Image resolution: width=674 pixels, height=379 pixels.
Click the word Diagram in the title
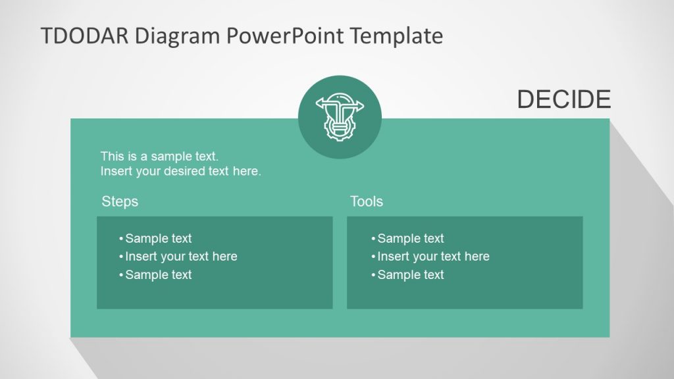pos(178,36)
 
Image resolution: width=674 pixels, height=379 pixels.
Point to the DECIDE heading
pos(563,99)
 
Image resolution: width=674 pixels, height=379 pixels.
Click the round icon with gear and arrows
pos(340,117)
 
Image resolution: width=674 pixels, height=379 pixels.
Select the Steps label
pos(120,201)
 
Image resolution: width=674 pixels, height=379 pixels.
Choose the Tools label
pos(367,201)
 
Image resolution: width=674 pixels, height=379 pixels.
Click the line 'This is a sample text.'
pos(159,156)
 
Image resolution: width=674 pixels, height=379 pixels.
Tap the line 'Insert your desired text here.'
pos(180,172)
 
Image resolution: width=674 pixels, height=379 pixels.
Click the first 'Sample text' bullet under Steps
pos(158,238)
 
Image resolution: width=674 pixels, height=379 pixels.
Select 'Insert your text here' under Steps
pos(181,257)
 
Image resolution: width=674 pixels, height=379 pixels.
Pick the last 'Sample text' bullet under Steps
pos(158,275)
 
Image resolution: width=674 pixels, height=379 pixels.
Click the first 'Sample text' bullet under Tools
pos(411,238)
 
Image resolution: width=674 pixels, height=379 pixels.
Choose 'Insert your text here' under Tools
pos(433,257)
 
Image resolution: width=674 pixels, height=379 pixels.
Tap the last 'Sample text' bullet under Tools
pos(411,275)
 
